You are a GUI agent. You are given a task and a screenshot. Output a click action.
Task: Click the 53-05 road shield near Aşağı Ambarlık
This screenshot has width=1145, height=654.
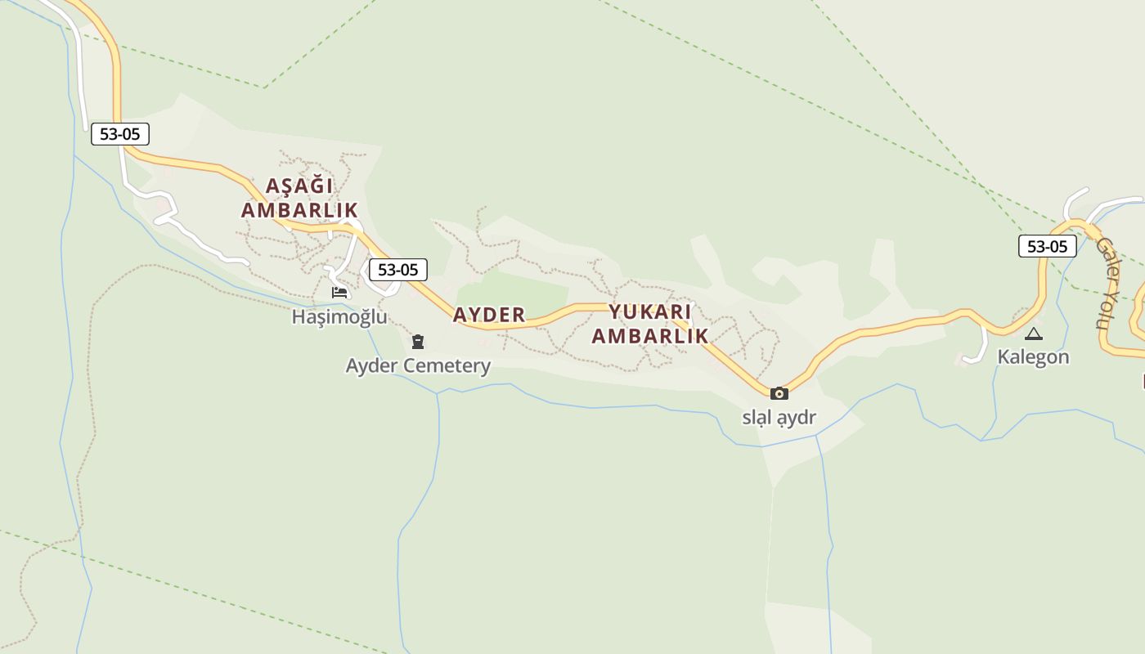tap(120, 134)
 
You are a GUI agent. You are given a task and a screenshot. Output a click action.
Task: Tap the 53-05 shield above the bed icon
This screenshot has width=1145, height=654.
tap(397, 270)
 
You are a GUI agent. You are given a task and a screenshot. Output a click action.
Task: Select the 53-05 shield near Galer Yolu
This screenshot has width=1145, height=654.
tap(1047, 246)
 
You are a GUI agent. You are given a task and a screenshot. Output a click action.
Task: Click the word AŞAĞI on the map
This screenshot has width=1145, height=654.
tap(299, 186)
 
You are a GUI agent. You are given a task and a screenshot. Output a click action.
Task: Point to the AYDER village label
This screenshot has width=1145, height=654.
tap(489, 315)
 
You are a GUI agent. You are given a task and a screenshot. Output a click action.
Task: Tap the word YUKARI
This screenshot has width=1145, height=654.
tap(650, 312)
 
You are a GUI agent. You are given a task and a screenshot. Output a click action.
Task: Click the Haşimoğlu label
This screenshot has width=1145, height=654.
tap(339, 316)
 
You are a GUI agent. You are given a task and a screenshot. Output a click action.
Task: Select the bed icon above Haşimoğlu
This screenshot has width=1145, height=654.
tap(339, 293)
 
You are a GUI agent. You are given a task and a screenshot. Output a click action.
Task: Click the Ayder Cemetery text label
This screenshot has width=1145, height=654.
tap(418, 365)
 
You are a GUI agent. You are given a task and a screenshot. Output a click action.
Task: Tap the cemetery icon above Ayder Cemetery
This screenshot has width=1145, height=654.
tap(418, 342)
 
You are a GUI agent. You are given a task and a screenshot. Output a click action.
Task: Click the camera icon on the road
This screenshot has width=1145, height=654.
tap(779, 393)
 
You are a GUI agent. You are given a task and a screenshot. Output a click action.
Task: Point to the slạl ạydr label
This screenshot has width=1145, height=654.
tap(779, 417)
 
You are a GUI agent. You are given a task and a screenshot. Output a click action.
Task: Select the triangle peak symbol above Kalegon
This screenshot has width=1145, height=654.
tap(1034, 334)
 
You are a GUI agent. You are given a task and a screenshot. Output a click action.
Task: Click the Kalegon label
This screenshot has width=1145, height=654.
tap(1033, 357)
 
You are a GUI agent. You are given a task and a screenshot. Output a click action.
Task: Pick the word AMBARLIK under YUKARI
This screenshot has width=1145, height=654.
tap(650, 336)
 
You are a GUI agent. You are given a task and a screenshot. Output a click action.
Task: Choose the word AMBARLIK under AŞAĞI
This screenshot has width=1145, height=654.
tap(299, 210)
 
